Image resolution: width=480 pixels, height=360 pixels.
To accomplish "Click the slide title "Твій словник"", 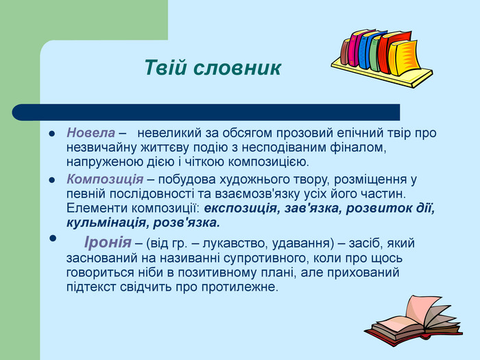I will coord(213,68).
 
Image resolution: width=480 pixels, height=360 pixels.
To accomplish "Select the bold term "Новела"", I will coord(91,132).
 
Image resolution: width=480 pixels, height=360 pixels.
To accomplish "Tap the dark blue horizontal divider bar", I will coord(206,112).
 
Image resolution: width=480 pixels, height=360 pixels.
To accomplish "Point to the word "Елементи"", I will coord(93,208).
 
